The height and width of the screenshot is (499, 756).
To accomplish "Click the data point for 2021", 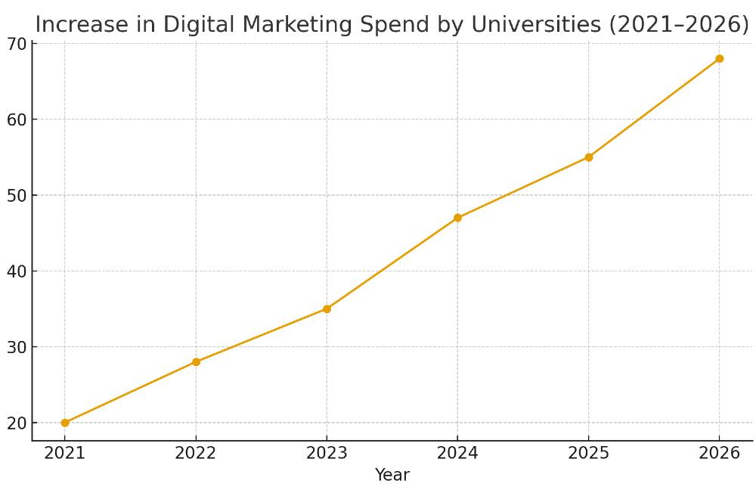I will [65, 423].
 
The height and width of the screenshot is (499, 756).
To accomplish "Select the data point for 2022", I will [196, 362].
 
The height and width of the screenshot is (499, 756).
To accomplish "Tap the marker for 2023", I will [327, 308].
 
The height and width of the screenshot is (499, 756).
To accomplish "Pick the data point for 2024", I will [457, 218].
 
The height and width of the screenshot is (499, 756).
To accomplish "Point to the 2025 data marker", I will [589, 157].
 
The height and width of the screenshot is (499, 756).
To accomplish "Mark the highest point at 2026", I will [720, 59].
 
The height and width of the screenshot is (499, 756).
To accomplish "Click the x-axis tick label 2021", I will [65, 454].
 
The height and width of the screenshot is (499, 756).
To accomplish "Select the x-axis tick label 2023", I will [327, 454].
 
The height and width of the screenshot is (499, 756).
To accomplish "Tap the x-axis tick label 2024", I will [457, 454].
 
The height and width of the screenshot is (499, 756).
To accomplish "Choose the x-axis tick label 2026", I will [720, 454].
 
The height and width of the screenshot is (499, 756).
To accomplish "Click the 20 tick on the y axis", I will [17, 423].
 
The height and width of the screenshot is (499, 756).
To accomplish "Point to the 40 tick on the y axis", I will [17, 271].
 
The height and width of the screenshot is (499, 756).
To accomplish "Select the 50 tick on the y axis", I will [17, 196].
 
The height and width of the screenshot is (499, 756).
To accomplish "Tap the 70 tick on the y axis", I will [17, 44].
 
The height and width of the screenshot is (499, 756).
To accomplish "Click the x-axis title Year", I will [392, 476].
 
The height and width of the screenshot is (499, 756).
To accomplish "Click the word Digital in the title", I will [204, 25].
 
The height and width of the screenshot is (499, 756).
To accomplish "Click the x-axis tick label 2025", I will [589, 454].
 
